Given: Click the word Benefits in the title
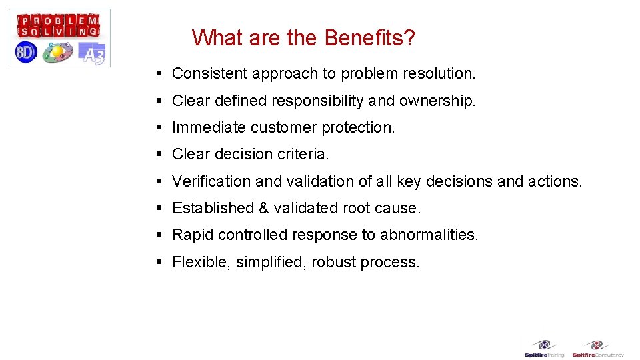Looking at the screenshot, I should tap(369, 38).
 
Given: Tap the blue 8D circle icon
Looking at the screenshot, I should tap(26, 52).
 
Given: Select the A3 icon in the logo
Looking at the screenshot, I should tap(92, 53).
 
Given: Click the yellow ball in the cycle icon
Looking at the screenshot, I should tap(58, 51).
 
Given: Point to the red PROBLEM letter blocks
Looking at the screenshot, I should tap(59, 19).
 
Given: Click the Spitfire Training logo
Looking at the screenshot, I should tap(545, 349).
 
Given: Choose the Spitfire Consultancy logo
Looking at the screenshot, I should tap(597, 349).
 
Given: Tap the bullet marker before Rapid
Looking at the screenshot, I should tap(159, 235).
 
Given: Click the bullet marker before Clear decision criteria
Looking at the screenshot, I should tap(159, 154).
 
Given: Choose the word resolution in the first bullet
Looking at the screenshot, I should tap(441, 73).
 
